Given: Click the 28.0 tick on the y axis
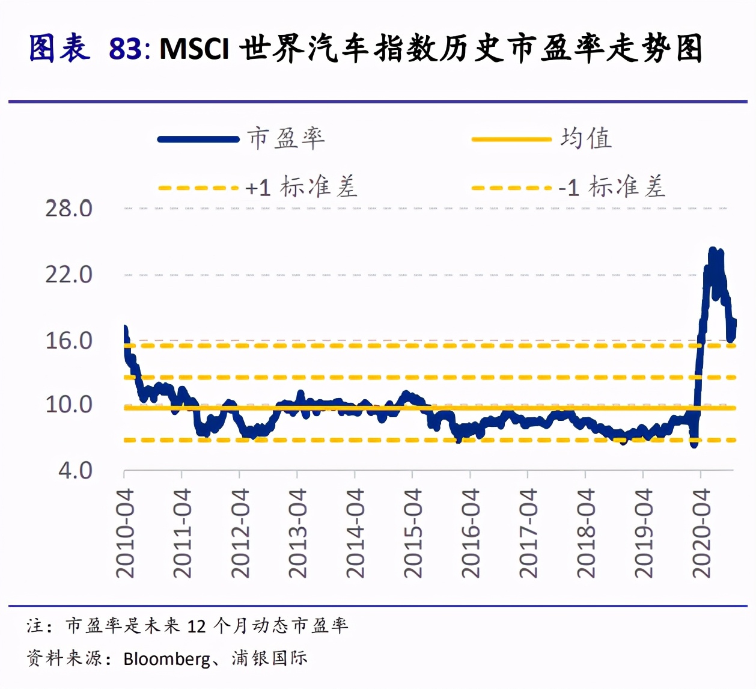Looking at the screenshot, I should [69, 209].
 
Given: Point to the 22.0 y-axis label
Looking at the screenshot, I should [69, 275].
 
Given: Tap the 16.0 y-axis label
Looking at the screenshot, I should [69, 341].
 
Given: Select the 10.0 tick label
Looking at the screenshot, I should [69, 405].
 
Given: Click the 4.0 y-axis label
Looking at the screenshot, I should [75, 470].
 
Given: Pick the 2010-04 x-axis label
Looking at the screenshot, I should [125, 533].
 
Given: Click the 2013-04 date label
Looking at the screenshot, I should [297, 533].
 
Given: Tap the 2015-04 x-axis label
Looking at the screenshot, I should [413, 533].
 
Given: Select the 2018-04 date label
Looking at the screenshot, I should [586, 533].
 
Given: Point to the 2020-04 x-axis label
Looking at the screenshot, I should [701, 533].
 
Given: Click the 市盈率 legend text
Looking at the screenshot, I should [286, 138].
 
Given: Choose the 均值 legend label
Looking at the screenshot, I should [586, 138].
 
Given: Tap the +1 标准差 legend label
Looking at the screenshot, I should [301, 187].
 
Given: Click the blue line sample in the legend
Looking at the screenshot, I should [198, 139].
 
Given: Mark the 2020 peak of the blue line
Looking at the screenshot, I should [713, 250].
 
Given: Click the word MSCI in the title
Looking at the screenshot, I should [194, 49].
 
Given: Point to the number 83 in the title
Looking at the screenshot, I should [125, 49].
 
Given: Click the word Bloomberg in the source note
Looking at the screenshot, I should [166, 659].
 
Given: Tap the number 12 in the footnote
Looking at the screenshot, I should [197, 626].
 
